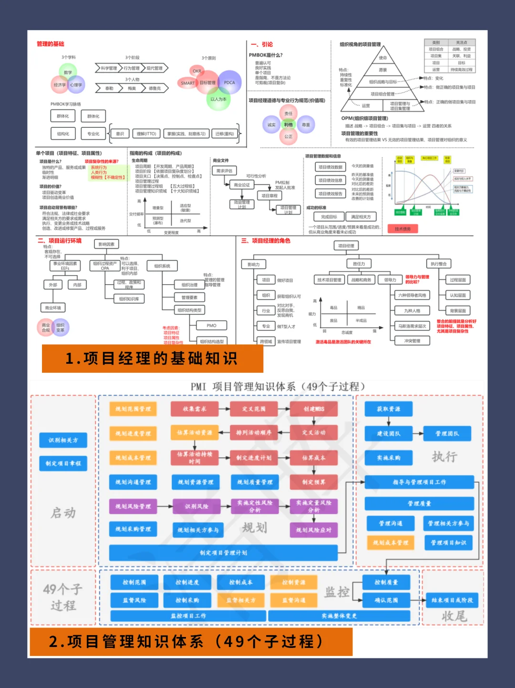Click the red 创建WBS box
pos(313,409)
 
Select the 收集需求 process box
pos(195,409)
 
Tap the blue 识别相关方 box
pos(63,440)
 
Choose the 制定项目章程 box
pos(63,463)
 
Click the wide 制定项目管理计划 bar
pos(223,553)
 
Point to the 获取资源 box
pos(388,409)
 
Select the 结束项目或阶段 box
pos(452,600)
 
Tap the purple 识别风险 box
pos(196,506)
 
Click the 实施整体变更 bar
pos(339,616)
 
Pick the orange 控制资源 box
pos(293,582)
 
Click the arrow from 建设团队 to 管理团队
pos(417,433)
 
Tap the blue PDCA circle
pos(229,82)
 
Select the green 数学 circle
pos(68,72)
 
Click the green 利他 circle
pos(288,125)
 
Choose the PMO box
pos(211,325)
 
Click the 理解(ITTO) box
pos(146,134)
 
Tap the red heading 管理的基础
pos(50,44)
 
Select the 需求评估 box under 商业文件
pos(224,171)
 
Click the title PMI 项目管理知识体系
pos(278,386)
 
